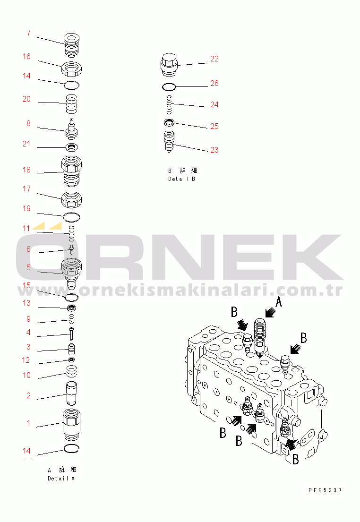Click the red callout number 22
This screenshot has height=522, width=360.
(x=214, y=59)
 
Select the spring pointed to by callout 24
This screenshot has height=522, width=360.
(x=169, y=104)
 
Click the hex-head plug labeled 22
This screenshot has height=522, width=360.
(x=169, y=65)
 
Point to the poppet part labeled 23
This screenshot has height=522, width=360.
(x=169, y=142)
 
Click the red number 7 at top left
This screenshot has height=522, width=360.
(x=29, y=33)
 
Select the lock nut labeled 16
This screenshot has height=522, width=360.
(x=71, y=69)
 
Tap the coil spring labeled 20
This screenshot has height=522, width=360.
(x=71, y=104)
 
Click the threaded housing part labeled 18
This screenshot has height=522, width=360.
(x=72, y=171)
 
